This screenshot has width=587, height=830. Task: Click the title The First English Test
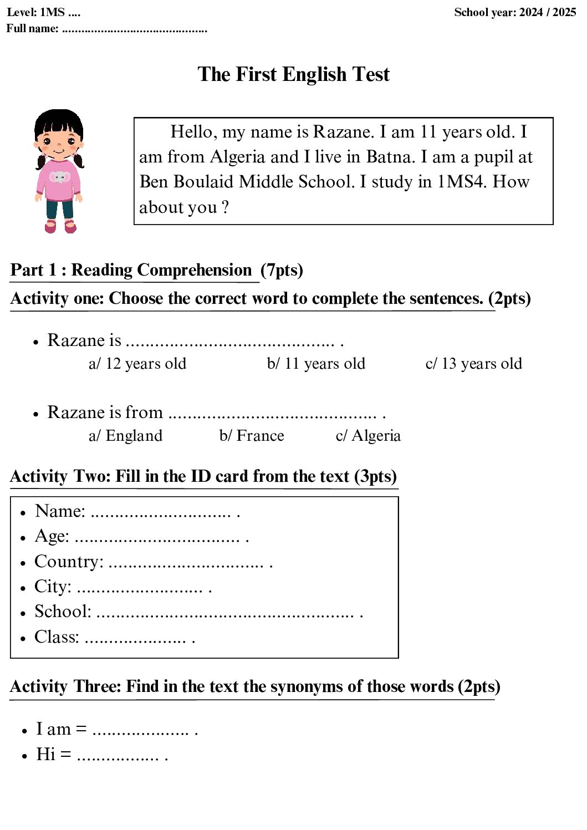293,74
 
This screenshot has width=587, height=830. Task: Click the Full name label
32,28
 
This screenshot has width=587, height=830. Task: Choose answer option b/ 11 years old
316,364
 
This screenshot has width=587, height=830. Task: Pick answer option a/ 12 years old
137,364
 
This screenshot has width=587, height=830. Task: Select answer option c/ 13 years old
473,364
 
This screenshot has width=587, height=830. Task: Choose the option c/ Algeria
368,436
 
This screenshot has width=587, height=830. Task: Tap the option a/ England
125,436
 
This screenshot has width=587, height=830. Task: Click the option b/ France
252,436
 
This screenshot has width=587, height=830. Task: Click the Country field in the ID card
69,562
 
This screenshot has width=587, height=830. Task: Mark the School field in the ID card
63,612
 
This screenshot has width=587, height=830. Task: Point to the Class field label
57,637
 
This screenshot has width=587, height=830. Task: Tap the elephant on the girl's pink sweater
59,177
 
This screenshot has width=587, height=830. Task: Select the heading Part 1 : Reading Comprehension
131,270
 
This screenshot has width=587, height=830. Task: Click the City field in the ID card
53,587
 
